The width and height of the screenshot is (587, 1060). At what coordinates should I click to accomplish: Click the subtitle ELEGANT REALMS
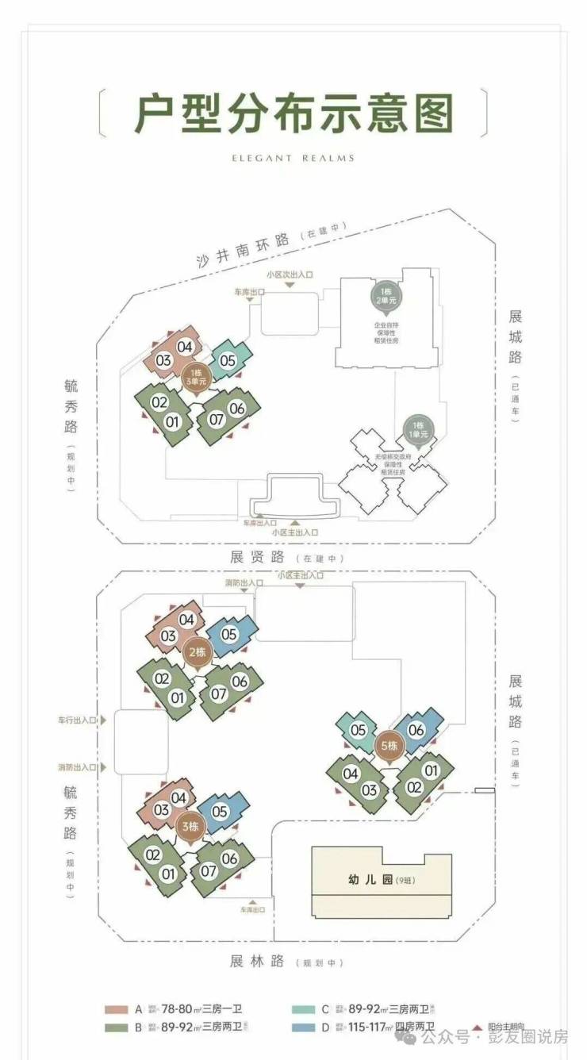coord(293,158)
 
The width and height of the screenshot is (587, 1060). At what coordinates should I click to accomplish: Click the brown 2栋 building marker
coord(197,653)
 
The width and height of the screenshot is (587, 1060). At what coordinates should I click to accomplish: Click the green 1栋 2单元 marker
coord(389,296)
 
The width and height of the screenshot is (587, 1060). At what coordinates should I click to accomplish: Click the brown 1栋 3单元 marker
coord(196,376)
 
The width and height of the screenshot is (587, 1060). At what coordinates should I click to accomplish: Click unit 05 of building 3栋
coord(220,811)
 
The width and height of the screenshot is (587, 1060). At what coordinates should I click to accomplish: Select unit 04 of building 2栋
coord(187,620)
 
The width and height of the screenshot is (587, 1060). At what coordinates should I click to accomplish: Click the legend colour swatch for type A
coord(116,1009)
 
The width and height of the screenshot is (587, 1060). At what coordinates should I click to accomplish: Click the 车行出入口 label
coord(76,721)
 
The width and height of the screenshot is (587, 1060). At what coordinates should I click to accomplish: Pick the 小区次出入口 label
coord(290,275)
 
